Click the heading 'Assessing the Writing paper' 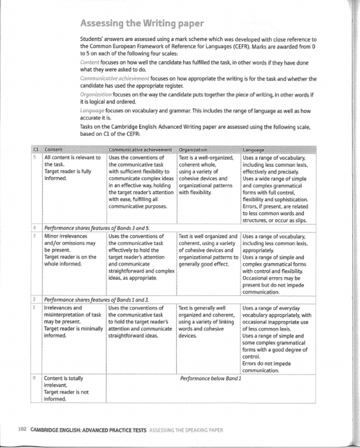142,23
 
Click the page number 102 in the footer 22,430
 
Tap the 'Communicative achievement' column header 140,150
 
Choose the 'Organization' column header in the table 193,150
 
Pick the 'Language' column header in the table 254,150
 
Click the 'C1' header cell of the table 36,150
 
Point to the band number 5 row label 35,157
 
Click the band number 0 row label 35,378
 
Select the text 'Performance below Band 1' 210,378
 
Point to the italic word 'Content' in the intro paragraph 89,62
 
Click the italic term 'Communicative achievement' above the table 115,79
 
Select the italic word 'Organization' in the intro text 96,95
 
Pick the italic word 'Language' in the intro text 92,111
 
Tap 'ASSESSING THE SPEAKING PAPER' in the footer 186,430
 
